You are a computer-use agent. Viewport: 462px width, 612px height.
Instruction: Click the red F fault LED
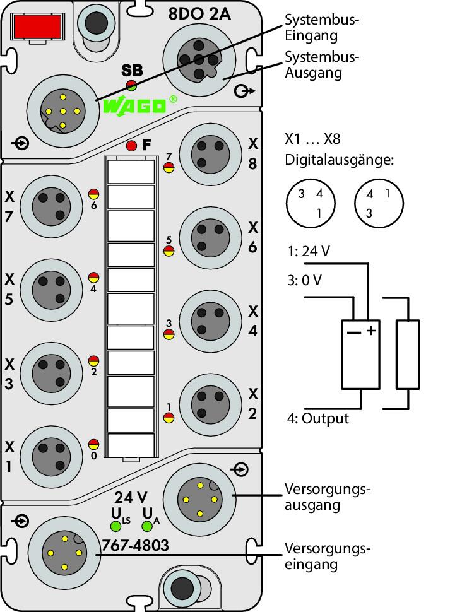click(132, 146)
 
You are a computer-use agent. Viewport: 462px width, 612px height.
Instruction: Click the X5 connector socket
click(52, 290)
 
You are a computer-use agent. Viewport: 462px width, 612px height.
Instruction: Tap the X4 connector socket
click(211, 321)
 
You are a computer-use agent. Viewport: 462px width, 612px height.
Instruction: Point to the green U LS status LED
click(115, 526)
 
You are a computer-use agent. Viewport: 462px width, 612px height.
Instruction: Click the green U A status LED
click(147, 526)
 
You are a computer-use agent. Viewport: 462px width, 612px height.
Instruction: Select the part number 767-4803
click(135, 545)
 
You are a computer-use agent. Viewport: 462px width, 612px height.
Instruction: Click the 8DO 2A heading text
click(199, 15)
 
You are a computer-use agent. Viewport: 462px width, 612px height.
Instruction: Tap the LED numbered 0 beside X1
click(93, 444)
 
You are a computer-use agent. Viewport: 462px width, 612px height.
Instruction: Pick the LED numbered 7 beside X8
click(169, 167)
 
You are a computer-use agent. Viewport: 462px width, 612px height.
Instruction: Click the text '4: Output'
click(318, 418)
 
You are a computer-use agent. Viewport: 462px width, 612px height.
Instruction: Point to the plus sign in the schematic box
click(371, 331)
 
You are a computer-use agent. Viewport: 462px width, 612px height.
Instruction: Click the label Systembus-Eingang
click(321, 27)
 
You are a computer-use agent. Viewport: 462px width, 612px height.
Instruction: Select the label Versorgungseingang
click(327, 556)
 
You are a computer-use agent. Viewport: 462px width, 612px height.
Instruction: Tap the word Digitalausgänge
click(339, 160)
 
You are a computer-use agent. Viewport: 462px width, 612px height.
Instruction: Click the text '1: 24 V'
click(309, 251)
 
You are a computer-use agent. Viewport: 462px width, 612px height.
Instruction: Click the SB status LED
click(131, 85)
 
